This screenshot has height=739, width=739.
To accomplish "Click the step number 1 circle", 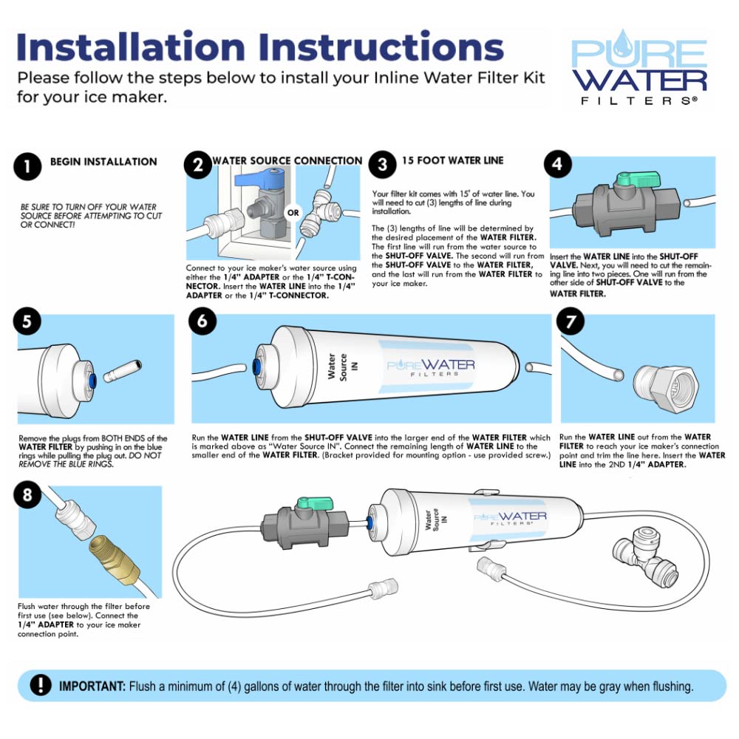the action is coord(27,166).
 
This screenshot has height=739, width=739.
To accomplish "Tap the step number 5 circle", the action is coord(27,321).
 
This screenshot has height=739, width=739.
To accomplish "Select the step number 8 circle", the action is coord(27,494).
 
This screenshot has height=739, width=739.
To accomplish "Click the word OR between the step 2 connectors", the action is coord(293,213).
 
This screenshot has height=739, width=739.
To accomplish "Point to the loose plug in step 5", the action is coord(123,371).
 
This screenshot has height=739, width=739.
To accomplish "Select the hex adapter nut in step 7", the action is coord(666,389).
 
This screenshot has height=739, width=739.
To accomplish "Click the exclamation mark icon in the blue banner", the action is coord(41,685).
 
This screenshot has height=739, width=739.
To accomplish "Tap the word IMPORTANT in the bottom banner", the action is coord(92,687).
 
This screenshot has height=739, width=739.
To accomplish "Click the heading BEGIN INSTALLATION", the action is coord(103,162).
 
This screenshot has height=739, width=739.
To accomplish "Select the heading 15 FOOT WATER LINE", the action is coord(453,160).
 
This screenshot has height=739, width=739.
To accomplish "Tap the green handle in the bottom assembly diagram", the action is coord(314,503).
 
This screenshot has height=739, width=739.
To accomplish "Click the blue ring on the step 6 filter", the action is coord(256,367).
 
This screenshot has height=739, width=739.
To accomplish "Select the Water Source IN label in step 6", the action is coord(343,367).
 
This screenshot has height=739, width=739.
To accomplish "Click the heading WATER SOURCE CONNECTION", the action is coord(287,160).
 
